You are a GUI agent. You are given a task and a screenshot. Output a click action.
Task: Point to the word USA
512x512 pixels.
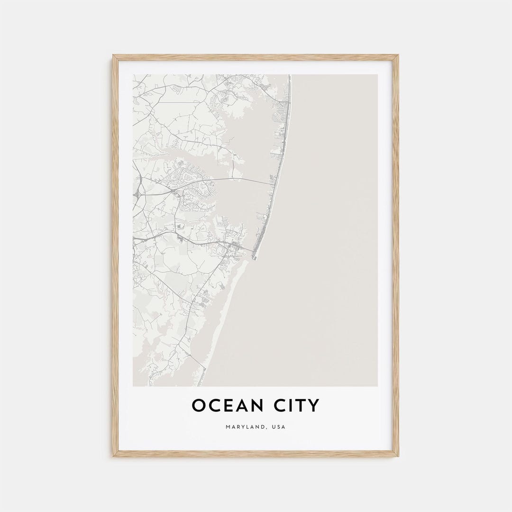[x=279, y=427]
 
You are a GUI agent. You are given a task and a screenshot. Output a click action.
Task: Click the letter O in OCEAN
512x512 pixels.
[x=198, y=406]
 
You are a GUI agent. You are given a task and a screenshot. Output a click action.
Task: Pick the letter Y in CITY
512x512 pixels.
[x=314, y=406]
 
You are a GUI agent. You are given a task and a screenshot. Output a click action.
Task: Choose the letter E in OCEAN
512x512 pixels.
[x=226, y=406]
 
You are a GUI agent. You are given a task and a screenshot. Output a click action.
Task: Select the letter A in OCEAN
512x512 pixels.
[x=240, y=406]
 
